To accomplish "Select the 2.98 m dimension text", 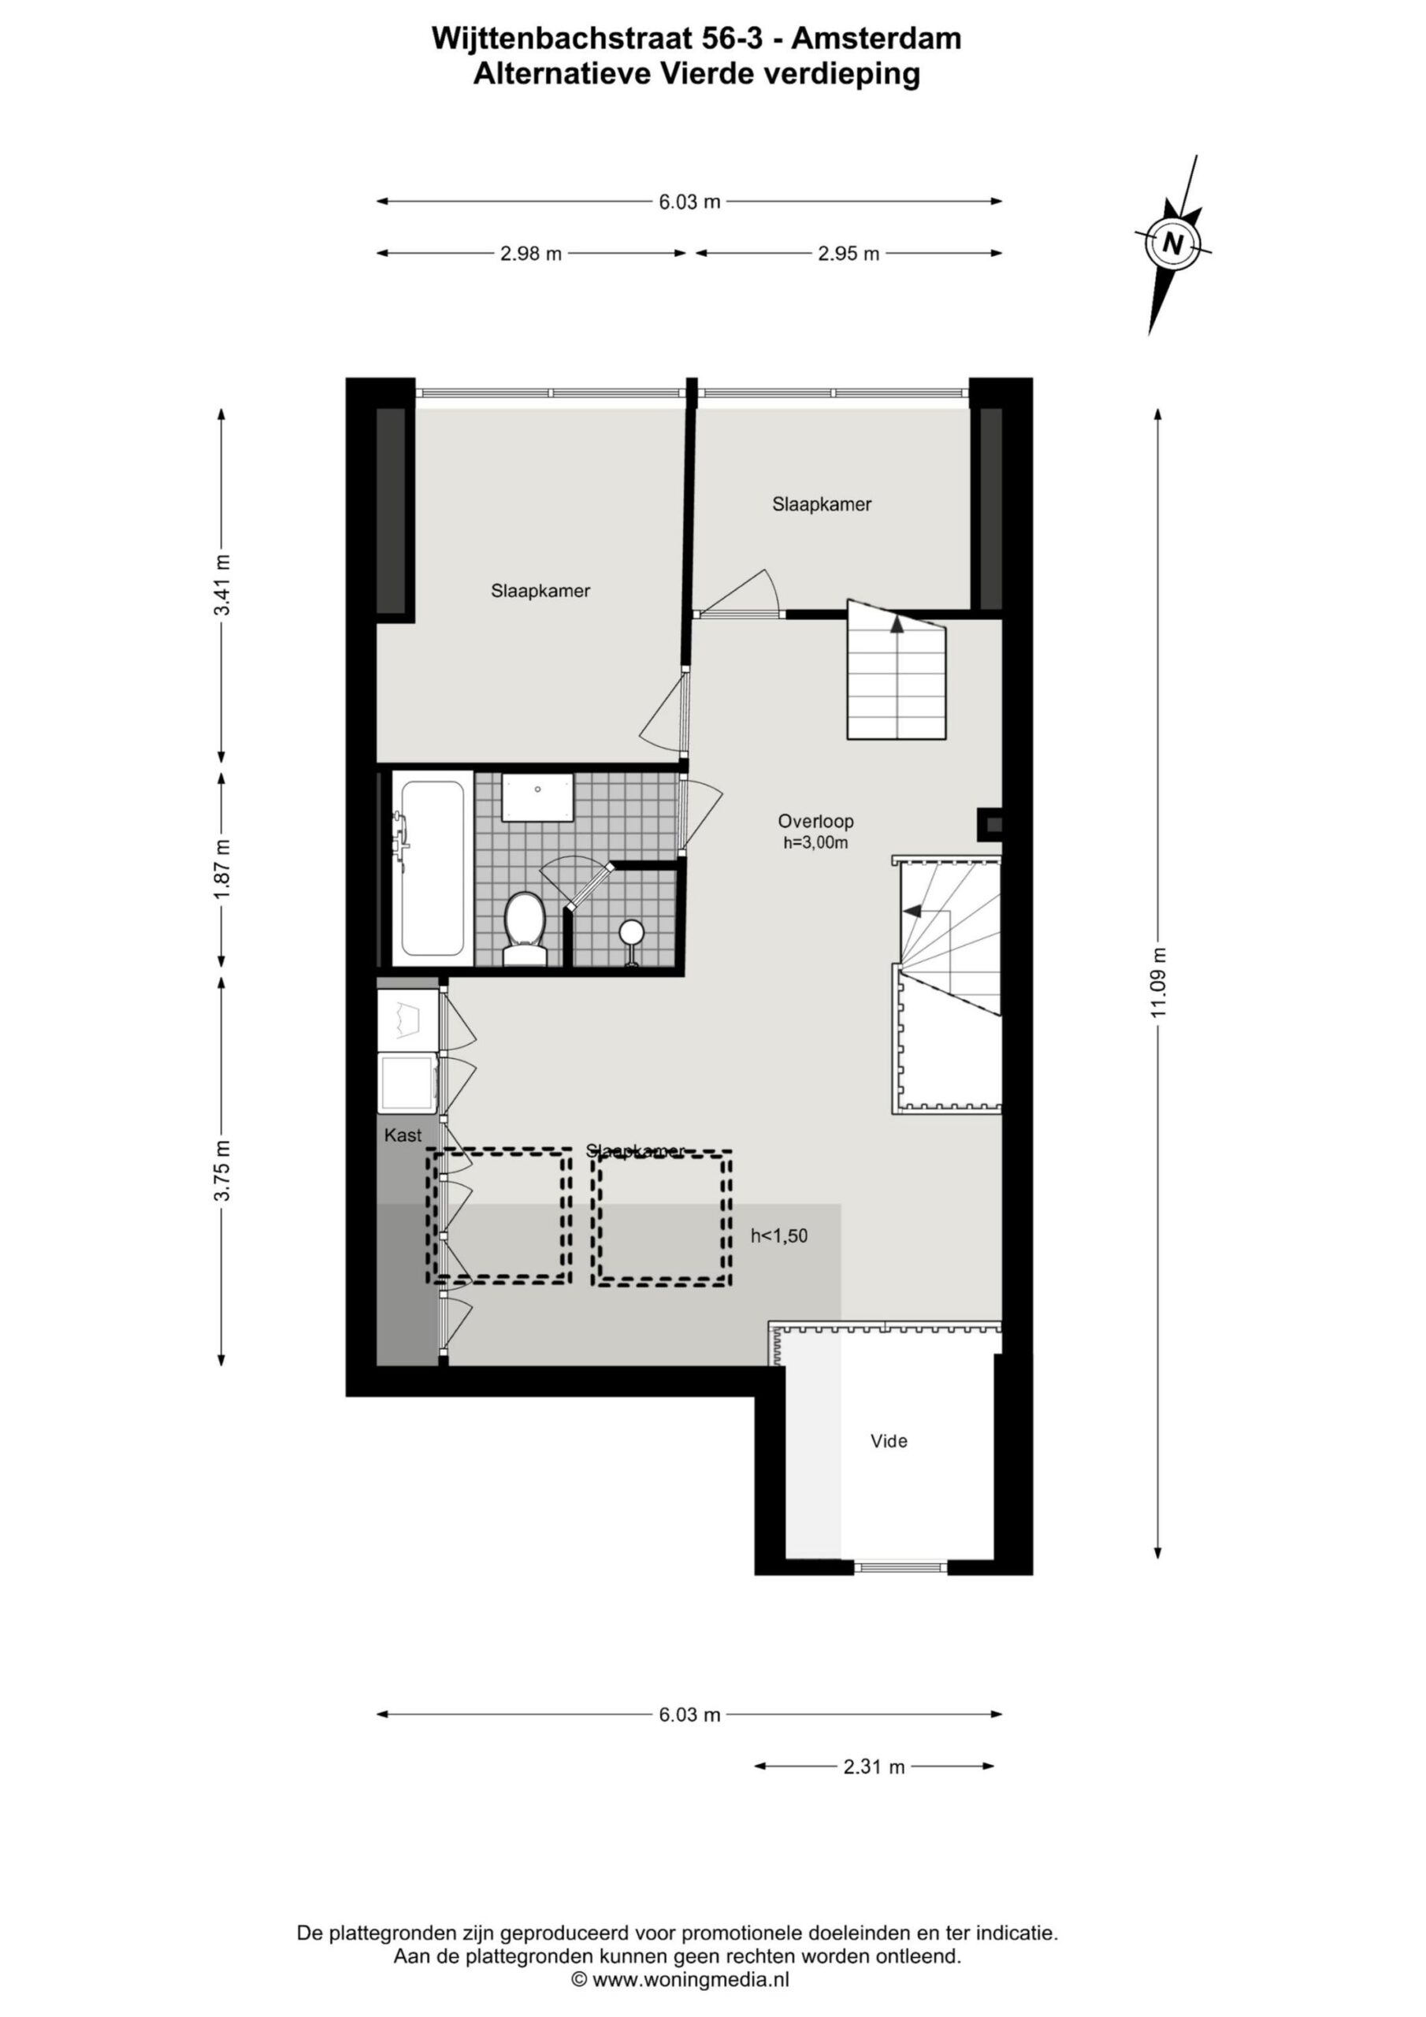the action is point(531,254).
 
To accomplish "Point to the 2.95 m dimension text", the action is point(848,254).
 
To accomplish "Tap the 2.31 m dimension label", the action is point(874,1766).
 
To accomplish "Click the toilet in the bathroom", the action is point(525,930).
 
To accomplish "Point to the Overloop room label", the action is point(815,822).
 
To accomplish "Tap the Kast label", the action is point(403,1135).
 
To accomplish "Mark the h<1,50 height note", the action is point(778,1236).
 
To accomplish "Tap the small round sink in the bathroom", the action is point(632,931).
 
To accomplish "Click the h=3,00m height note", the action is point(815,843).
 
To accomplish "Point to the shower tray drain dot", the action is point(537,789).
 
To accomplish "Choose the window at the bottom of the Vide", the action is point(901,1566).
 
